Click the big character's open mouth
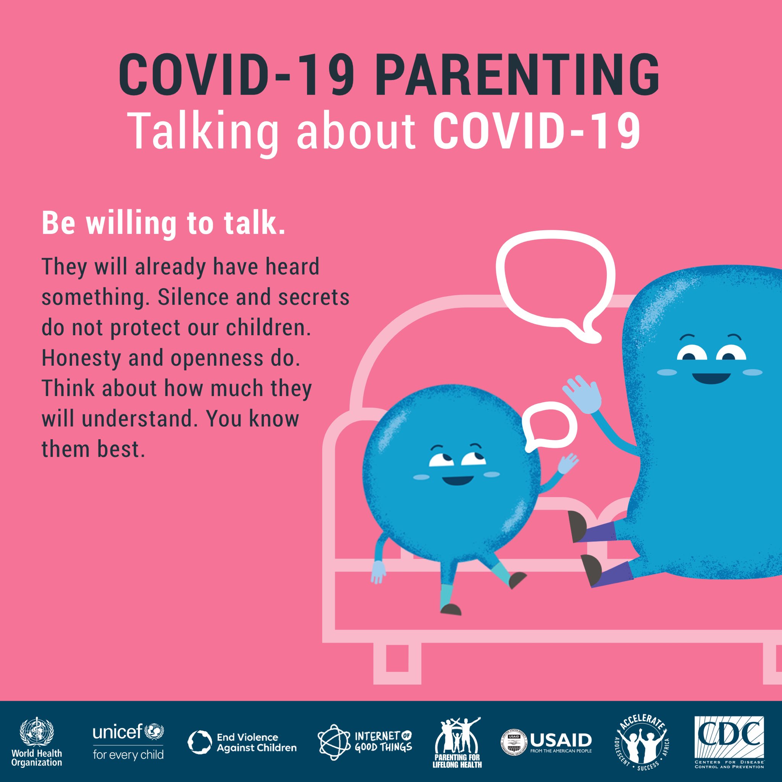711,378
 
